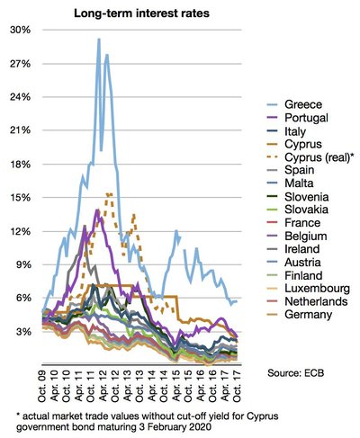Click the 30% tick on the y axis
pos(20,30)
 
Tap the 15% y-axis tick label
pos(20,197)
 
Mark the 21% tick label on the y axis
pos(20,130)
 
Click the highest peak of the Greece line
pos(98,40)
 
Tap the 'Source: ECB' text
pos(301,371)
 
